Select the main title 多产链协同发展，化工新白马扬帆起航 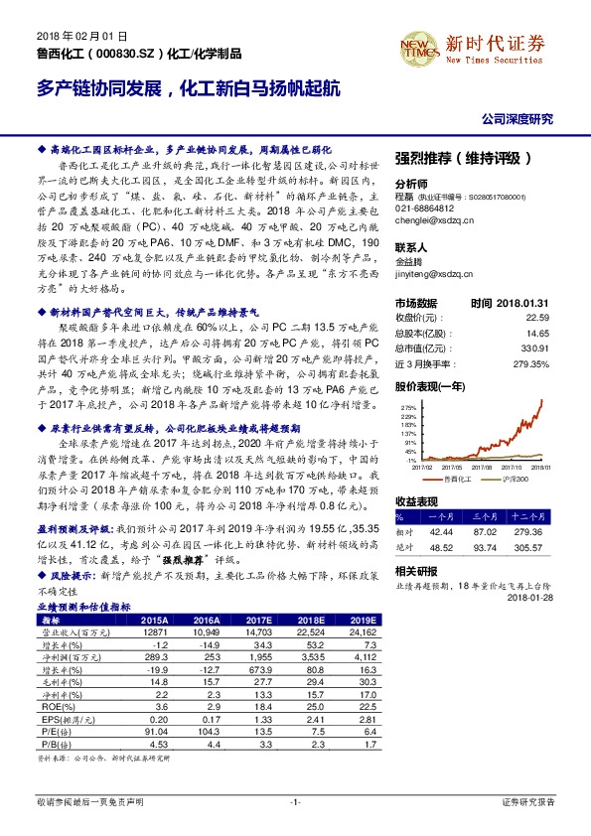click(x=190, y=87)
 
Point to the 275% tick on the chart click(x=409, y=407)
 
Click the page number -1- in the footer click(x=295, y=800)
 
